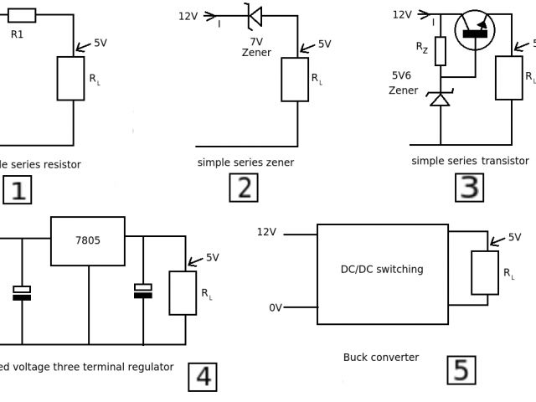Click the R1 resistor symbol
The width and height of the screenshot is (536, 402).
(x=22, y=15)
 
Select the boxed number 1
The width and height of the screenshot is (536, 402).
(x=17, y=189)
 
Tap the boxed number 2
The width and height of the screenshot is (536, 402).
(x=244, y=187)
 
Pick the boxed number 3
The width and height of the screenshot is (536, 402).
(x=470, y=187)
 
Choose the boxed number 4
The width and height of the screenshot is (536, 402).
(x=203, y=376)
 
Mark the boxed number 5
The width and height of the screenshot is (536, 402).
(x=461, y=369)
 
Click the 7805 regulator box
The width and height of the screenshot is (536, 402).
(x=88, y=241)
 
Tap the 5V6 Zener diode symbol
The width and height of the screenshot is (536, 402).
(x=440, y=99)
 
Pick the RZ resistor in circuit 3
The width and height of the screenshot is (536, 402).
(x=440, y=51)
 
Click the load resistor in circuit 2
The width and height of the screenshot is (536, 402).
(x=295, y=80)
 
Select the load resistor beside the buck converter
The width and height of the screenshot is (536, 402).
(x=485, y=272)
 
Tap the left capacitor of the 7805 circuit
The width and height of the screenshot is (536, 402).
(x=23, y=292)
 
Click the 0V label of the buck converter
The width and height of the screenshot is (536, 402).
(x=276, y=307)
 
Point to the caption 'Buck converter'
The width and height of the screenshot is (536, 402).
(x=381, y=358)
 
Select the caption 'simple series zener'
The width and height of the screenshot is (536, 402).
(x=245, y=162)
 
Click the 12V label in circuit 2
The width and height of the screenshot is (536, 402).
(x=188, y=16)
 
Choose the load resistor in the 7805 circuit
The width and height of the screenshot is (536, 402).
(x=183, y=292)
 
